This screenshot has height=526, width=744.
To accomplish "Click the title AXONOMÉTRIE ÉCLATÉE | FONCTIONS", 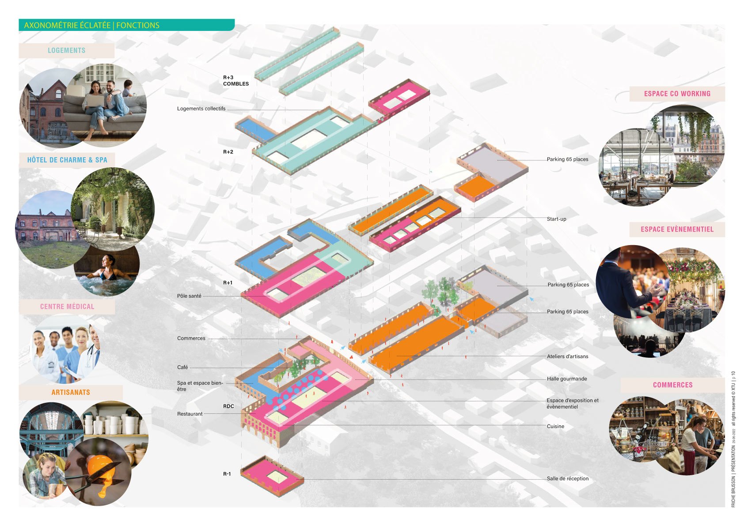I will click(91, 25).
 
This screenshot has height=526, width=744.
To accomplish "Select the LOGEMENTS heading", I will click(66, 50).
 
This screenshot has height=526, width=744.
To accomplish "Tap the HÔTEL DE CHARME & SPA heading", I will click(67, 160).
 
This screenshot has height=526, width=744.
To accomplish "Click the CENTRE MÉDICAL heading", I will click(67, 307).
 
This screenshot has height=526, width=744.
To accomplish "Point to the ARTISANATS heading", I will click(71, 392).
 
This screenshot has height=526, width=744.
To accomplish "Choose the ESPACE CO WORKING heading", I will click(677, 94).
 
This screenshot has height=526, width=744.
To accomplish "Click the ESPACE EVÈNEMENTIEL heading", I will click(677, 229).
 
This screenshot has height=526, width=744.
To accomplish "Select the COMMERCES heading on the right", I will click(672, 385).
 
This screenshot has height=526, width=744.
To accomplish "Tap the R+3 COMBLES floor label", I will click(235, 80).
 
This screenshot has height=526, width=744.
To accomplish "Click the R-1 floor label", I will click(227, 474).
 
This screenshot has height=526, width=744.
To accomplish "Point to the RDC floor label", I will click(228, 406).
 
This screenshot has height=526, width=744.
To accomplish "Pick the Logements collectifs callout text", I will click(201, 109).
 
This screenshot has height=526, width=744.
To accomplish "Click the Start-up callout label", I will click(556, 219).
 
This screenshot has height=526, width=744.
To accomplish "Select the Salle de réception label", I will click(567, 478).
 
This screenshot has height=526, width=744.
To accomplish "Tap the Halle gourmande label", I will click(567, 379).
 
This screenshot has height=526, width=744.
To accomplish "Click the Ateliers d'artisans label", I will click(567, 356).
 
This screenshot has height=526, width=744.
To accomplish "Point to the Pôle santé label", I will click(189, 296).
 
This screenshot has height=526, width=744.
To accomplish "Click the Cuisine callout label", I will click(555, 426).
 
